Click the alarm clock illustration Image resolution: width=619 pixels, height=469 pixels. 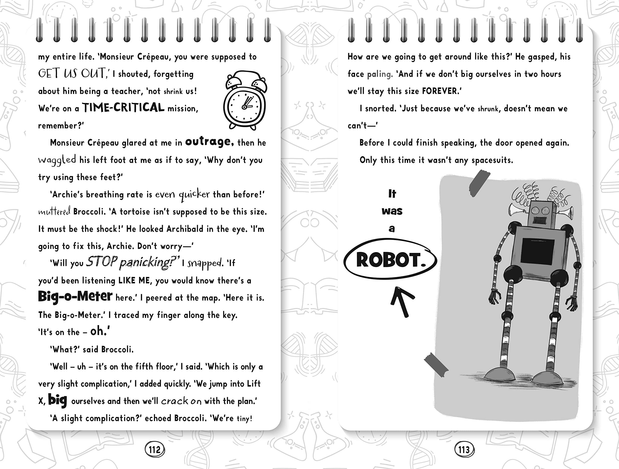[245, 101]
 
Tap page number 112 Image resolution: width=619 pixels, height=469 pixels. [155, 450]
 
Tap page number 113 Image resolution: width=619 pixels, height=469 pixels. [464, 450]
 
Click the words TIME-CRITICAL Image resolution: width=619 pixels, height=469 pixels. [123, 108]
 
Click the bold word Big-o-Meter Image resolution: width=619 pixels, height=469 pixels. [75, 296]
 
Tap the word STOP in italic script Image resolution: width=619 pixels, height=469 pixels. [102, 262]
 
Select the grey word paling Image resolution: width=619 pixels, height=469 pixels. [380, 74]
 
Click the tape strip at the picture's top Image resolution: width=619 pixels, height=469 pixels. [479, 183]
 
